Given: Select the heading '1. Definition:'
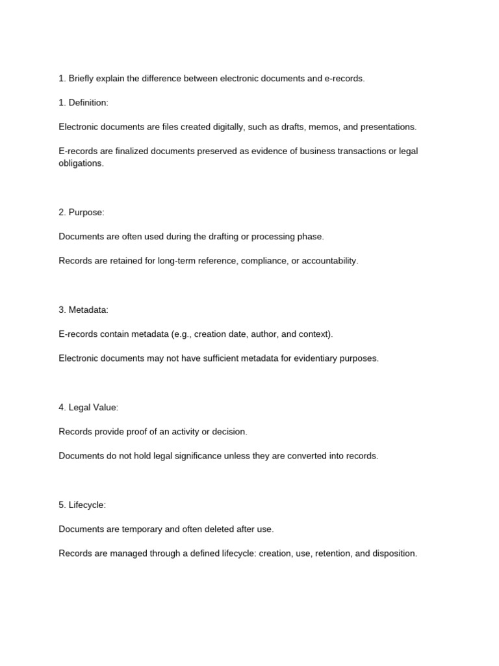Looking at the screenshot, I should pos(83,103).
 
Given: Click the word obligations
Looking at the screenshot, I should pos(81,163).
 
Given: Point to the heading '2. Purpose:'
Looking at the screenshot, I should pos(81,213).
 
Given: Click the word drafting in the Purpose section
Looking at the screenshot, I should pos(221,237).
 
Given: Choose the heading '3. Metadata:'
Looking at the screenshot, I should pos(83,310).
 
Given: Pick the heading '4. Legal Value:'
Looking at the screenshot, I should pos(88,408).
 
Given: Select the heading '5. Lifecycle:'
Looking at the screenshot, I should pos(82,505).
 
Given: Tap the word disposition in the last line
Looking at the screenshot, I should pos(394,553).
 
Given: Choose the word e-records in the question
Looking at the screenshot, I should pos(344,79).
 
